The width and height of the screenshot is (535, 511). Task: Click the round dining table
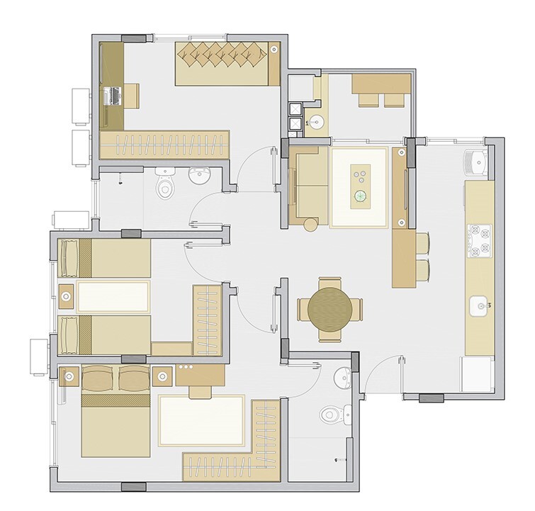click(330, 308)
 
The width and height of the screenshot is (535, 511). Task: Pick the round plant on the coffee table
click(361, 196)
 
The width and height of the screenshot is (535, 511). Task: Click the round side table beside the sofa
click(310, 225)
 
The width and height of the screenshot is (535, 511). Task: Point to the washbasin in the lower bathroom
click(342, 376)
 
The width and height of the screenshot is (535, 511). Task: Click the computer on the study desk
click(111, 96)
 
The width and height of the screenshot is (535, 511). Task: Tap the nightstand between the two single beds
click(65, 297)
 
